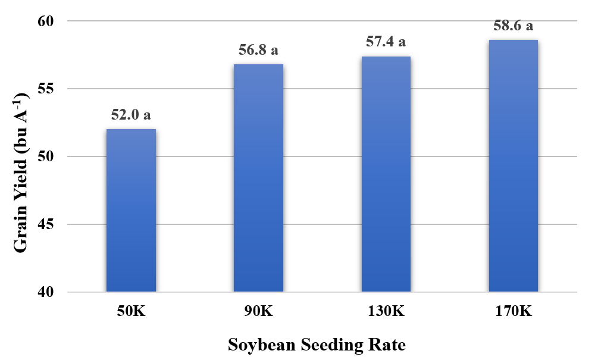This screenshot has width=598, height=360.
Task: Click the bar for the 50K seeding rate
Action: [x=131, y=211]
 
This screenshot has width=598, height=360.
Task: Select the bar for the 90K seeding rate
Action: [x=258, y=178]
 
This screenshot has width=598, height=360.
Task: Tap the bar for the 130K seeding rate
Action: [x=386, y=174]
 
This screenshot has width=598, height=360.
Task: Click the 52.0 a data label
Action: [x=131, y=115]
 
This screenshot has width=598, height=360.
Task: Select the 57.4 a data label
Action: [x=386, y=42]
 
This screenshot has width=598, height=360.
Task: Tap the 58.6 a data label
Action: [x=513, y=26]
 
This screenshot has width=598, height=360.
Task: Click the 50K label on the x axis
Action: [x=131, y=311]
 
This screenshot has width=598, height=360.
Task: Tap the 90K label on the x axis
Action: [x=258, y=311]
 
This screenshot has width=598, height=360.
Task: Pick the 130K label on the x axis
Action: [x=386, y=311]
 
